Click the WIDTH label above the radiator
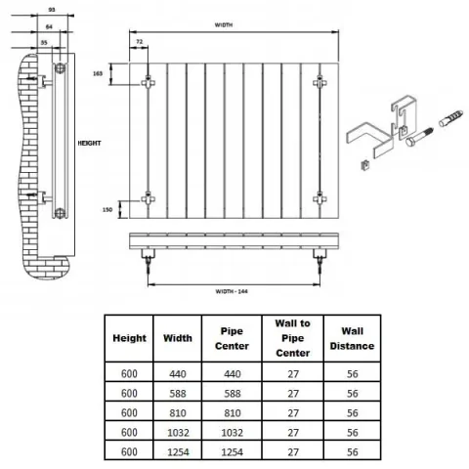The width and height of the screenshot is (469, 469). pos(224,25)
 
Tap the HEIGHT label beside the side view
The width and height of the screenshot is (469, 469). pos(90,143)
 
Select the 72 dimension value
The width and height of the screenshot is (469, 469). pos(140,42)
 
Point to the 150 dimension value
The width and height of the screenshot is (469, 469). pos(107,210)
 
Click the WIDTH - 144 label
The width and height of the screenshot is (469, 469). pos(232,291)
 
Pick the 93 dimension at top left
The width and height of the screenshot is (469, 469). pos(52,10)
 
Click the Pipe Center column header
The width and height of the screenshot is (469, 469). pos(232,338)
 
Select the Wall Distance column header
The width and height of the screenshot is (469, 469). pos(352,338)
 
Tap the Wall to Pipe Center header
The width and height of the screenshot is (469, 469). pos(292,338)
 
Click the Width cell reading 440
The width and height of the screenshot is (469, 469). pos(178,374)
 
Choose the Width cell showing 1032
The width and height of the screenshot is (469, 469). pos(178,433)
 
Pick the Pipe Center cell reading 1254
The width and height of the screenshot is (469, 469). pos(233,452)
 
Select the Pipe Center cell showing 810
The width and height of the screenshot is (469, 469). pos(233,413)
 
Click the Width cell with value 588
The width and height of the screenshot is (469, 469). pos(178,394)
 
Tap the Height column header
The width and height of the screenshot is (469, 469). pos(129,338)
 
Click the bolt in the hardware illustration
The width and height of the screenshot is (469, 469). pos(419,137)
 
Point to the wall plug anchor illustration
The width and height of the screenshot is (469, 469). pos(450,118)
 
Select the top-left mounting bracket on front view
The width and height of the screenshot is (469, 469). pos(148,83)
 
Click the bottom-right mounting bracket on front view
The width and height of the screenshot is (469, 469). pos(320,198)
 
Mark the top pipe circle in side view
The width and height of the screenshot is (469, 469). pos(60,67)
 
